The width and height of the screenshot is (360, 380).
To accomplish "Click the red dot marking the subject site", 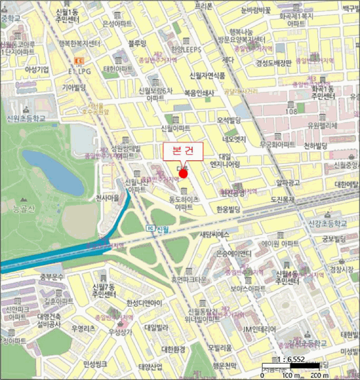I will pos(184,174).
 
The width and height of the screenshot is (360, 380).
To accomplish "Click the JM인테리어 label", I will pos(260,329).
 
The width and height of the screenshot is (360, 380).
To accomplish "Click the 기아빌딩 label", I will pos(74,87).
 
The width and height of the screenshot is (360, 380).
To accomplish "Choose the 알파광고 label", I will pos(287,183).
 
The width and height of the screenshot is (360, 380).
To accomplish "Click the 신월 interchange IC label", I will pos(160,229).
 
